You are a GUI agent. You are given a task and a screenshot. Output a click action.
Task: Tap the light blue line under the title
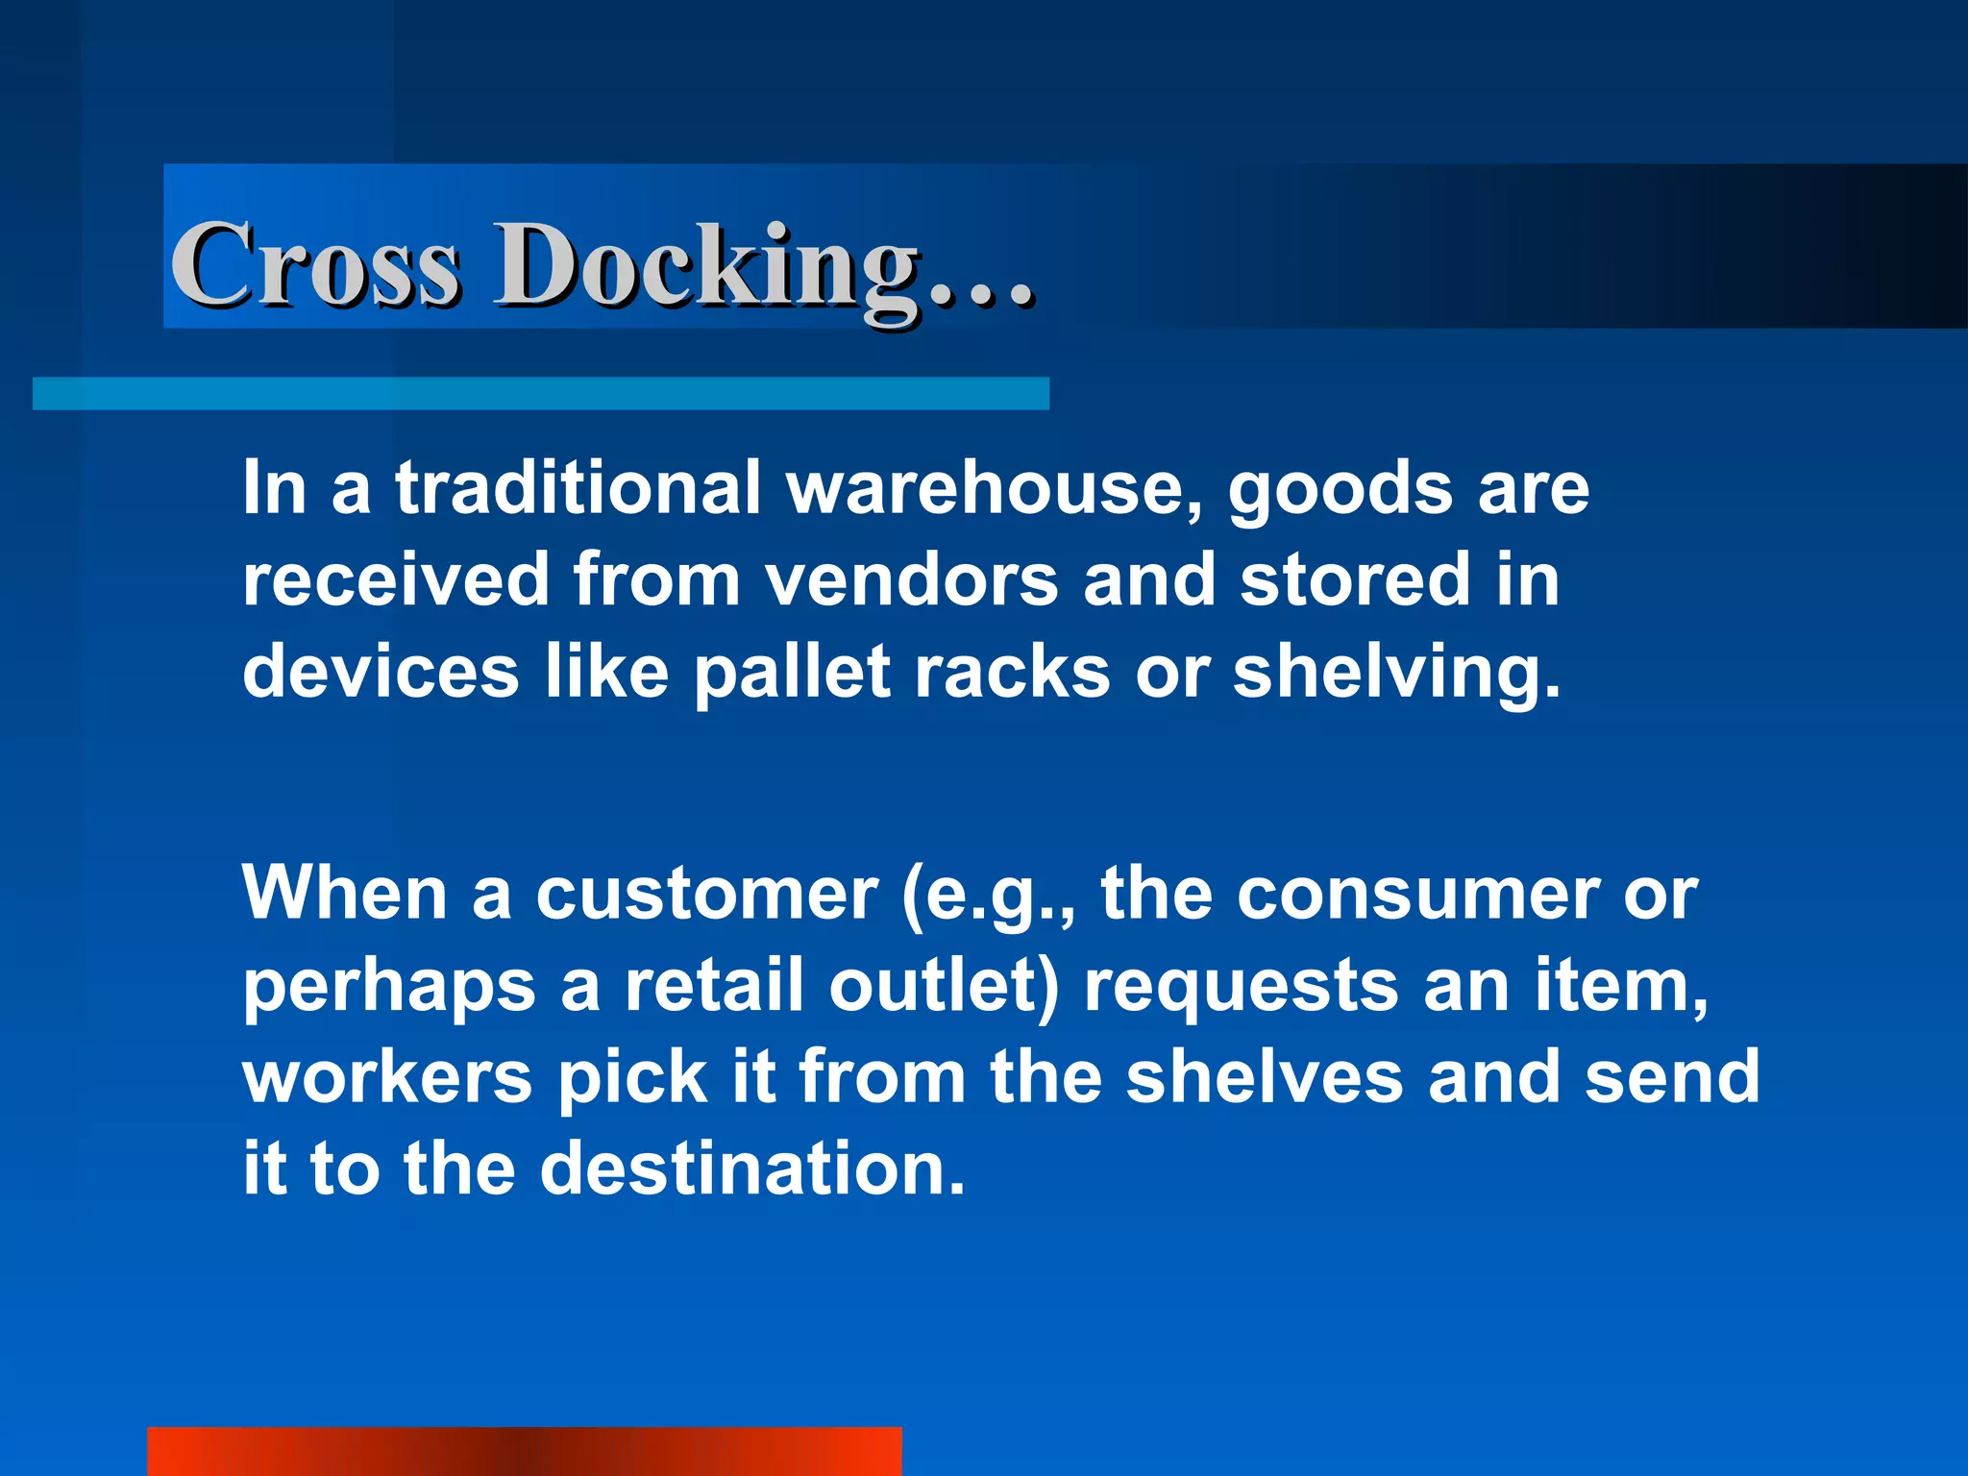click(x=540, y=394)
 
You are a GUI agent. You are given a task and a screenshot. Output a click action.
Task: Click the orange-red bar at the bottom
click(x=524, y=1451)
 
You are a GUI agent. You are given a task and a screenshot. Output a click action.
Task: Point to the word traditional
click(x=578, y=487)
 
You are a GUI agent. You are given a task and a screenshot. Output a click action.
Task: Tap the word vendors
click(x=913, y=580)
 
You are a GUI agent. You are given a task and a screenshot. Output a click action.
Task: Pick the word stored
click(x=1355, y=580)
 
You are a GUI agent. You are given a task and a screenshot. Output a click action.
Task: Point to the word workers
click(x=387, y=1077)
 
